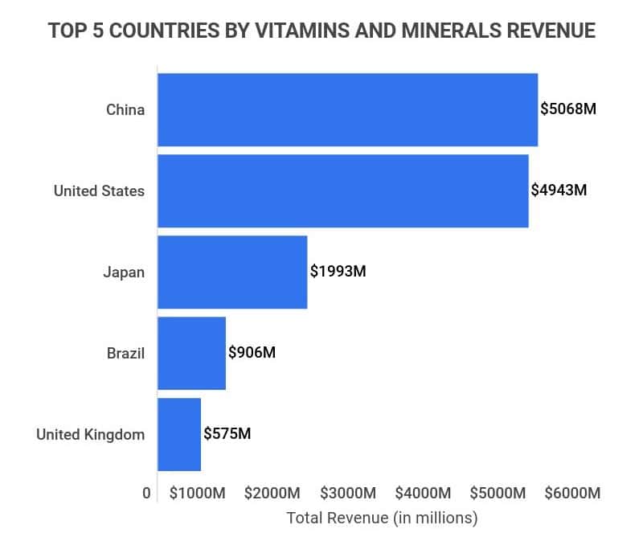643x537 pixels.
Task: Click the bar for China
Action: [x=347, y=109]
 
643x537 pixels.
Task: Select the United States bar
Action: [x=342, y=191]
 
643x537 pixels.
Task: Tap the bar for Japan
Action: [x=232, y=272]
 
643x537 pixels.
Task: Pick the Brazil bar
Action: [x=191, y=353]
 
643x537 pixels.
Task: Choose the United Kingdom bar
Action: [x=178, y=434]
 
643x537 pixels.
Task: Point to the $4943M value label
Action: [x=559, y=191]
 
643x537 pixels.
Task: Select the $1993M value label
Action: [x=338, y=272]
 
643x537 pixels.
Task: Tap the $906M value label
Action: [x=252, y=353]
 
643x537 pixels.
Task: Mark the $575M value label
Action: [x=227, y=434]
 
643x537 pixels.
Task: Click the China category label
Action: [x=125, y=110]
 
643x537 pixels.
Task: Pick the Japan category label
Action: [x=124, y=272]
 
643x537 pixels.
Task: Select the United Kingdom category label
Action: [x=91, y=435]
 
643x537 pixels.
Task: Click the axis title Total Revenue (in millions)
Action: [x=382, y=517]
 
